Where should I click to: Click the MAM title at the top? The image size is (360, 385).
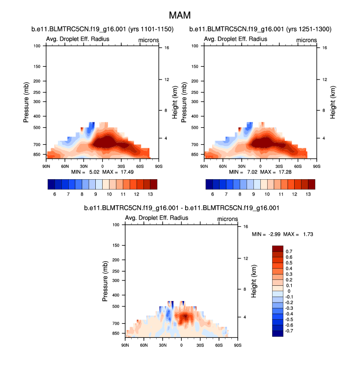180,16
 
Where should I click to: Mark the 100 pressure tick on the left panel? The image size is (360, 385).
37,46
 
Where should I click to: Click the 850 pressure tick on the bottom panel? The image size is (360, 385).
115,333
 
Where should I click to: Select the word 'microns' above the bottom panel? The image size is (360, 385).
227,219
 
